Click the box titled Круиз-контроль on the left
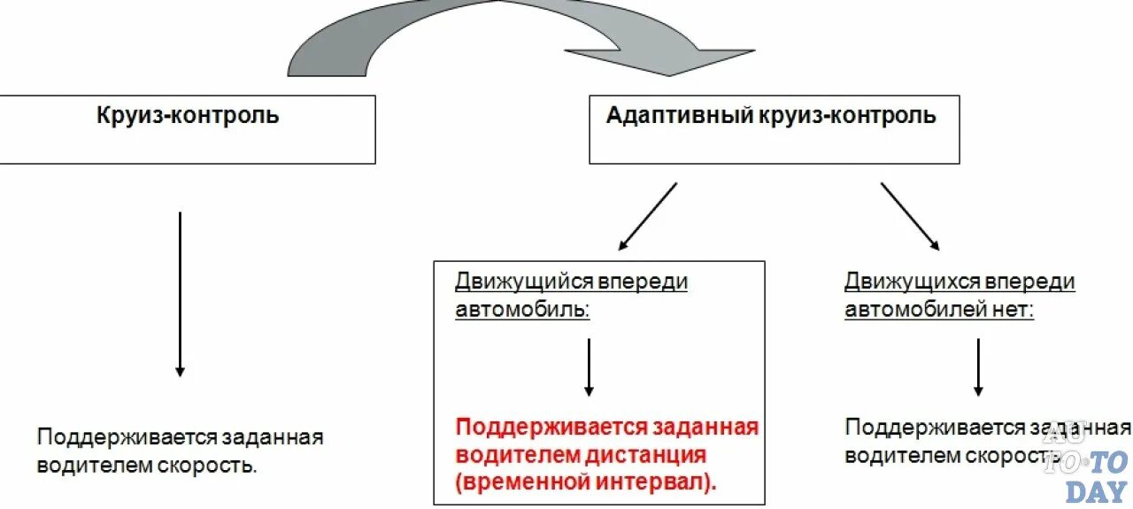pyautogui.click(x=187, y=129)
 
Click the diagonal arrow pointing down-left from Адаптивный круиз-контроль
pyautogui.click(x=647, y=216)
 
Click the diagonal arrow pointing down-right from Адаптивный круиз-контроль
pyautogui.click(x=910, y=216)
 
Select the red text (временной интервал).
pyautogui.click(x=587, y=483)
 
